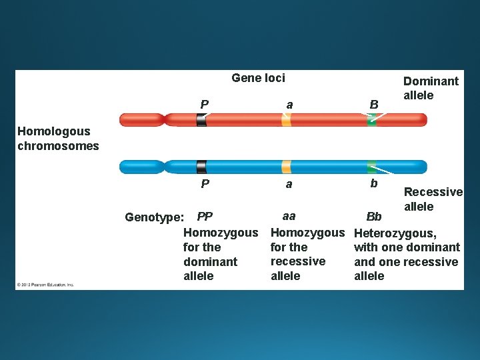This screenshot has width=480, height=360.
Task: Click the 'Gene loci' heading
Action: [x=258, y=78]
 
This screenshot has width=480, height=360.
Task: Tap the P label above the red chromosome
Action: [x=204, y=104]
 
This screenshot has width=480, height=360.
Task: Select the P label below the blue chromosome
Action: [x=205, y=183]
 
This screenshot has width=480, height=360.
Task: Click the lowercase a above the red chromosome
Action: [x=289, y=105]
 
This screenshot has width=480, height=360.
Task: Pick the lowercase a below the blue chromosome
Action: [x=289, y=184]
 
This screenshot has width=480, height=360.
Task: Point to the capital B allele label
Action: [x=373, y=105]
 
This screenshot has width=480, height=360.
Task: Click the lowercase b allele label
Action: [x=373, y=183]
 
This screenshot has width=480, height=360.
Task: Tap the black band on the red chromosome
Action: [x=201, y=120]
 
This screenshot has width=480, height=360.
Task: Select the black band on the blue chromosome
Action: [x=201, y=167]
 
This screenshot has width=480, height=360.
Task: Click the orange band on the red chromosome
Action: [x=286, y=120]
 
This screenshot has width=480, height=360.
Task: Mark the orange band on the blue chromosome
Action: [x=286, y=167]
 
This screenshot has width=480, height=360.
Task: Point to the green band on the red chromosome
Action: [x=371, y=121]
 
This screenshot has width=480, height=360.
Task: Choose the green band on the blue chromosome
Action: [x=371, y=167]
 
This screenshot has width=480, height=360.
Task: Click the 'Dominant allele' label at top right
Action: [x=431, y=88]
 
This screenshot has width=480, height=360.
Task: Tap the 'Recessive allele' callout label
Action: [x=433, y=199]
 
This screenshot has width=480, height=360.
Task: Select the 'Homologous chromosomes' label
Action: [x=58, y=139]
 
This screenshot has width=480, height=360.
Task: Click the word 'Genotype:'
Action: [x=154, y=217]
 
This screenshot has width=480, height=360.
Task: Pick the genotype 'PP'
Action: [x=205, y=217]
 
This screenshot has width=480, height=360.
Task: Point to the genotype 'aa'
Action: [x=289, y=216]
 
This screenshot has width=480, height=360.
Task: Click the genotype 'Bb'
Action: [x=374, y=217]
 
